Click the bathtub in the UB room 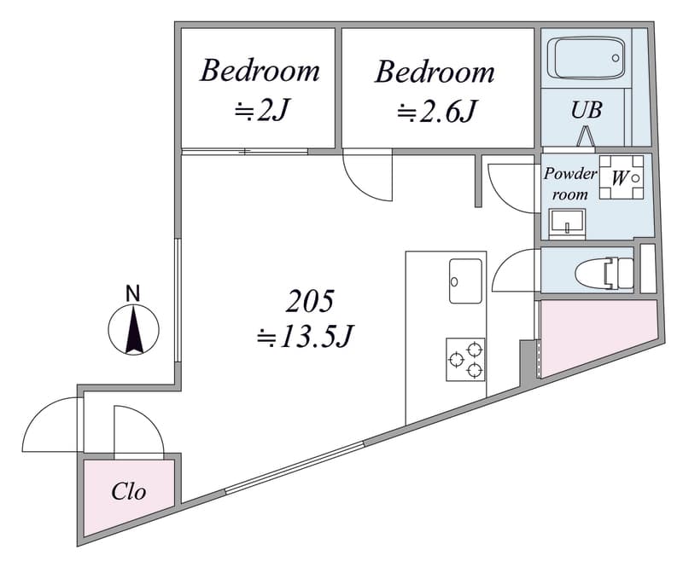pyautogui.click(x=586, y=58)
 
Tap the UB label pyautogui.click(x=587, y=110)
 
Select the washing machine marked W pyautogui.click(x=622, y=177)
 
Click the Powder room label pyautogui.click(x=569, y=184)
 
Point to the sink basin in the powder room pyautogui.click(x=567, y=223)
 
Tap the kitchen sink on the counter pyautogui.click(x=465, y=281)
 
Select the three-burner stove pyautogui.click(x=465, y=360)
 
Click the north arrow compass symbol pyautogui.click(x=134, y=329)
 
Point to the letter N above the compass pyautogui.click(x=133, y=293)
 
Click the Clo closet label pyautogui.click(x=129, y=492)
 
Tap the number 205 pyautogui.click(x=310, y=301)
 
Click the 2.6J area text pyautogui.click(x=436, y=111)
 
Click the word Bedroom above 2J pyautogui.click(x=260, y=71)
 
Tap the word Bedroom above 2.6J pyautogui.click(x=435, y=72)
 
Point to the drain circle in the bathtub pyautogui.click(x=616, y=58)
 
